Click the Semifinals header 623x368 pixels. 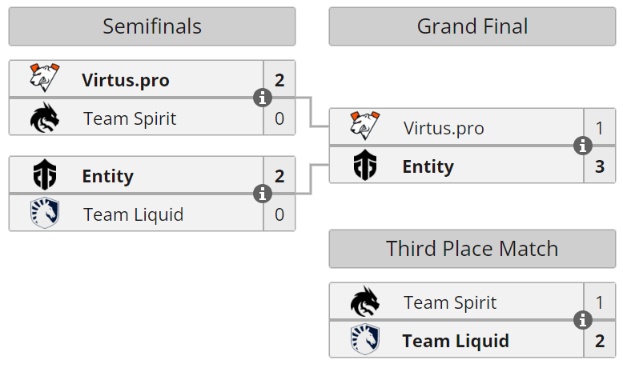coord(152,26)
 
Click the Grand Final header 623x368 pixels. coord(472,26)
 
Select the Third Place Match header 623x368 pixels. coord(472,248)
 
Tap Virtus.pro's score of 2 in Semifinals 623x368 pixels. coord(279,80)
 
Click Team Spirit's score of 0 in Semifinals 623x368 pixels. coord(279,119)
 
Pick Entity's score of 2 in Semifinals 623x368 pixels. coord(279,176)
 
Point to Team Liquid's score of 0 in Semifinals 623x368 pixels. coord(279,214)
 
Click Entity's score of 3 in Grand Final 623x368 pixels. coord(600,166)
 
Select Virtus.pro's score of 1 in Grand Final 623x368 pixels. coord(600,128)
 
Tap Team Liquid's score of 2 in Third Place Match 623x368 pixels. coord(600,341)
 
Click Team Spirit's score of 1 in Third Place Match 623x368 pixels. coord(600,302)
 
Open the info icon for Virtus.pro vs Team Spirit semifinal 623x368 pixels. coord(263,98)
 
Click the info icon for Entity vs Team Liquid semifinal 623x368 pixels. coord(263,194)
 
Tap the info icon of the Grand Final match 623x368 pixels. coord(583,146)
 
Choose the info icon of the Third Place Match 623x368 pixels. coord(583,321)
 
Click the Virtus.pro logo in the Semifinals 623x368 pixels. coord(44,79)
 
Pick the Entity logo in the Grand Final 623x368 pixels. coord(364,166)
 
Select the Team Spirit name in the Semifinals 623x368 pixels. coord(130,119)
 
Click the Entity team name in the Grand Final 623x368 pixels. coord(428,166)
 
